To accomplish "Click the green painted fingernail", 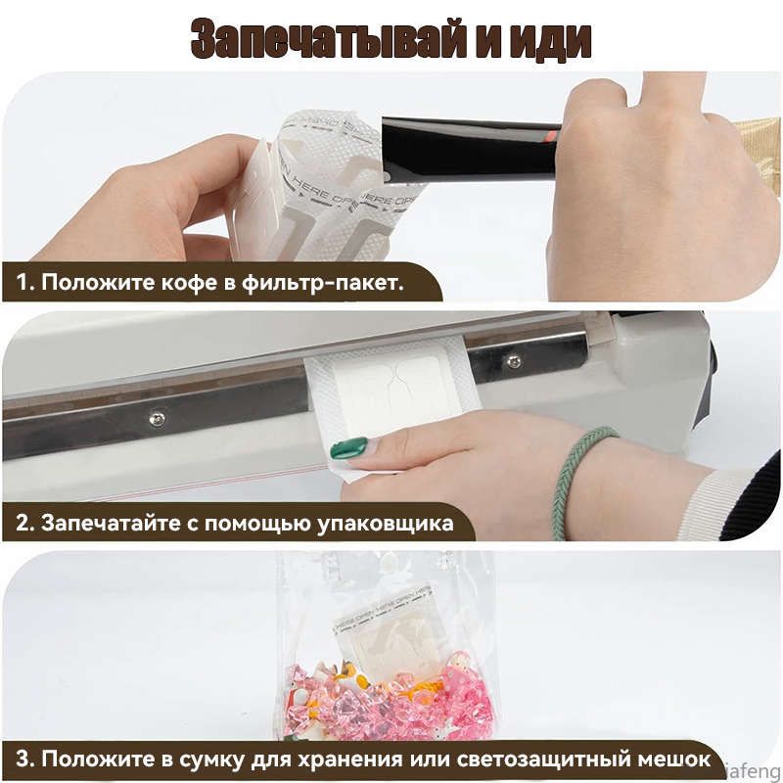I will [x=348, y=449].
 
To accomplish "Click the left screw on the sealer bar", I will [x=156, y=419].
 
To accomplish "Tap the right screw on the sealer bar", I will [x=514, y=361].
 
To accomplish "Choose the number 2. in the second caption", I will [x=25, y=523].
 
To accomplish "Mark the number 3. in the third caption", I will [x=26, y=760].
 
